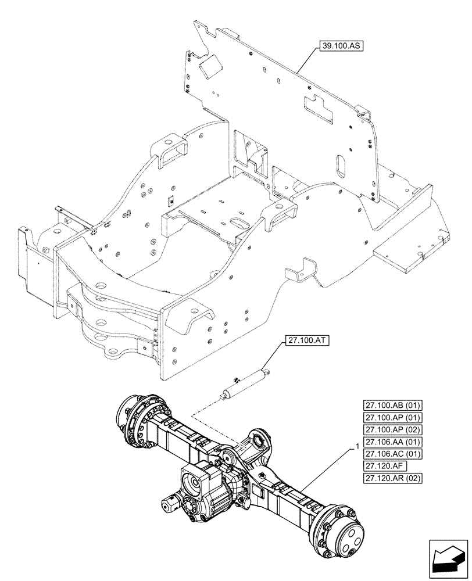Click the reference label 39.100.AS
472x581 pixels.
[340, 44]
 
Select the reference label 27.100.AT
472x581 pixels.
[307, 342]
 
